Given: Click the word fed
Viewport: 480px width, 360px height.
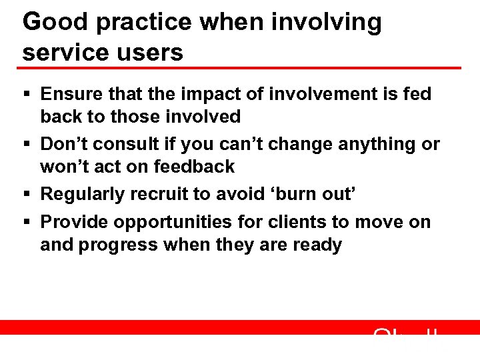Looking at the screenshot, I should (417, 94).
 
